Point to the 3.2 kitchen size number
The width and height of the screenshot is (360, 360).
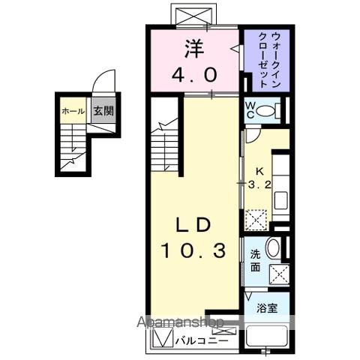tap(259, 183)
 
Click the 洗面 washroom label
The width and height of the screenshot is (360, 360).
tap(254, 259)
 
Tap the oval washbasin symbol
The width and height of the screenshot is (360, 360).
tap(274, 249)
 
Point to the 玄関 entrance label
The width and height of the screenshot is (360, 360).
tap(102, 111)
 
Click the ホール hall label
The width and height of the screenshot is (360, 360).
tap(73, 111)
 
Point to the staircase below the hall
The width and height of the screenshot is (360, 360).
tap(73, 146)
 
